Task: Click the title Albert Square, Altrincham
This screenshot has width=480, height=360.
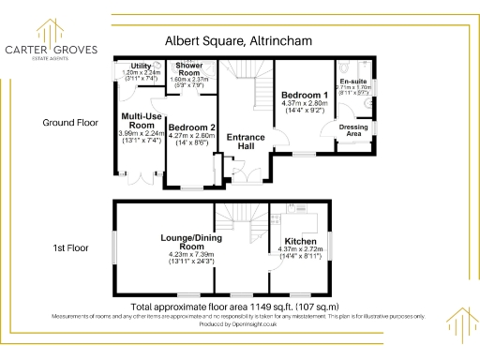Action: coord(239,41)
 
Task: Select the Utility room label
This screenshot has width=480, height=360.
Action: coord(142,67)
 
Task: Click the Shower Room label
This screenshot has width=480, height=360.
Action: coord(189,69)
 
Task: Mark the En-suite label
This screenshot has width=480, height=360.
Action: coord(352,68)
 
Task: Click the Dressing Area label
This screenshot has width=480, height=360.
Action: coord(352,130)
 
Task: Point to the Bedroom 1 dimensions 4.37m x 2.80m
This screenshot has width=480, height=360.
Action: coord(305,104)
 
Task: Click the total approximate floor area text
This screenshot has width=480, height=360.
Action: coord(234,307)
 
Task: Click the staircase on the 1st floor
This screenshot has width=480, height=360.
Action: coord(240,225)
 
